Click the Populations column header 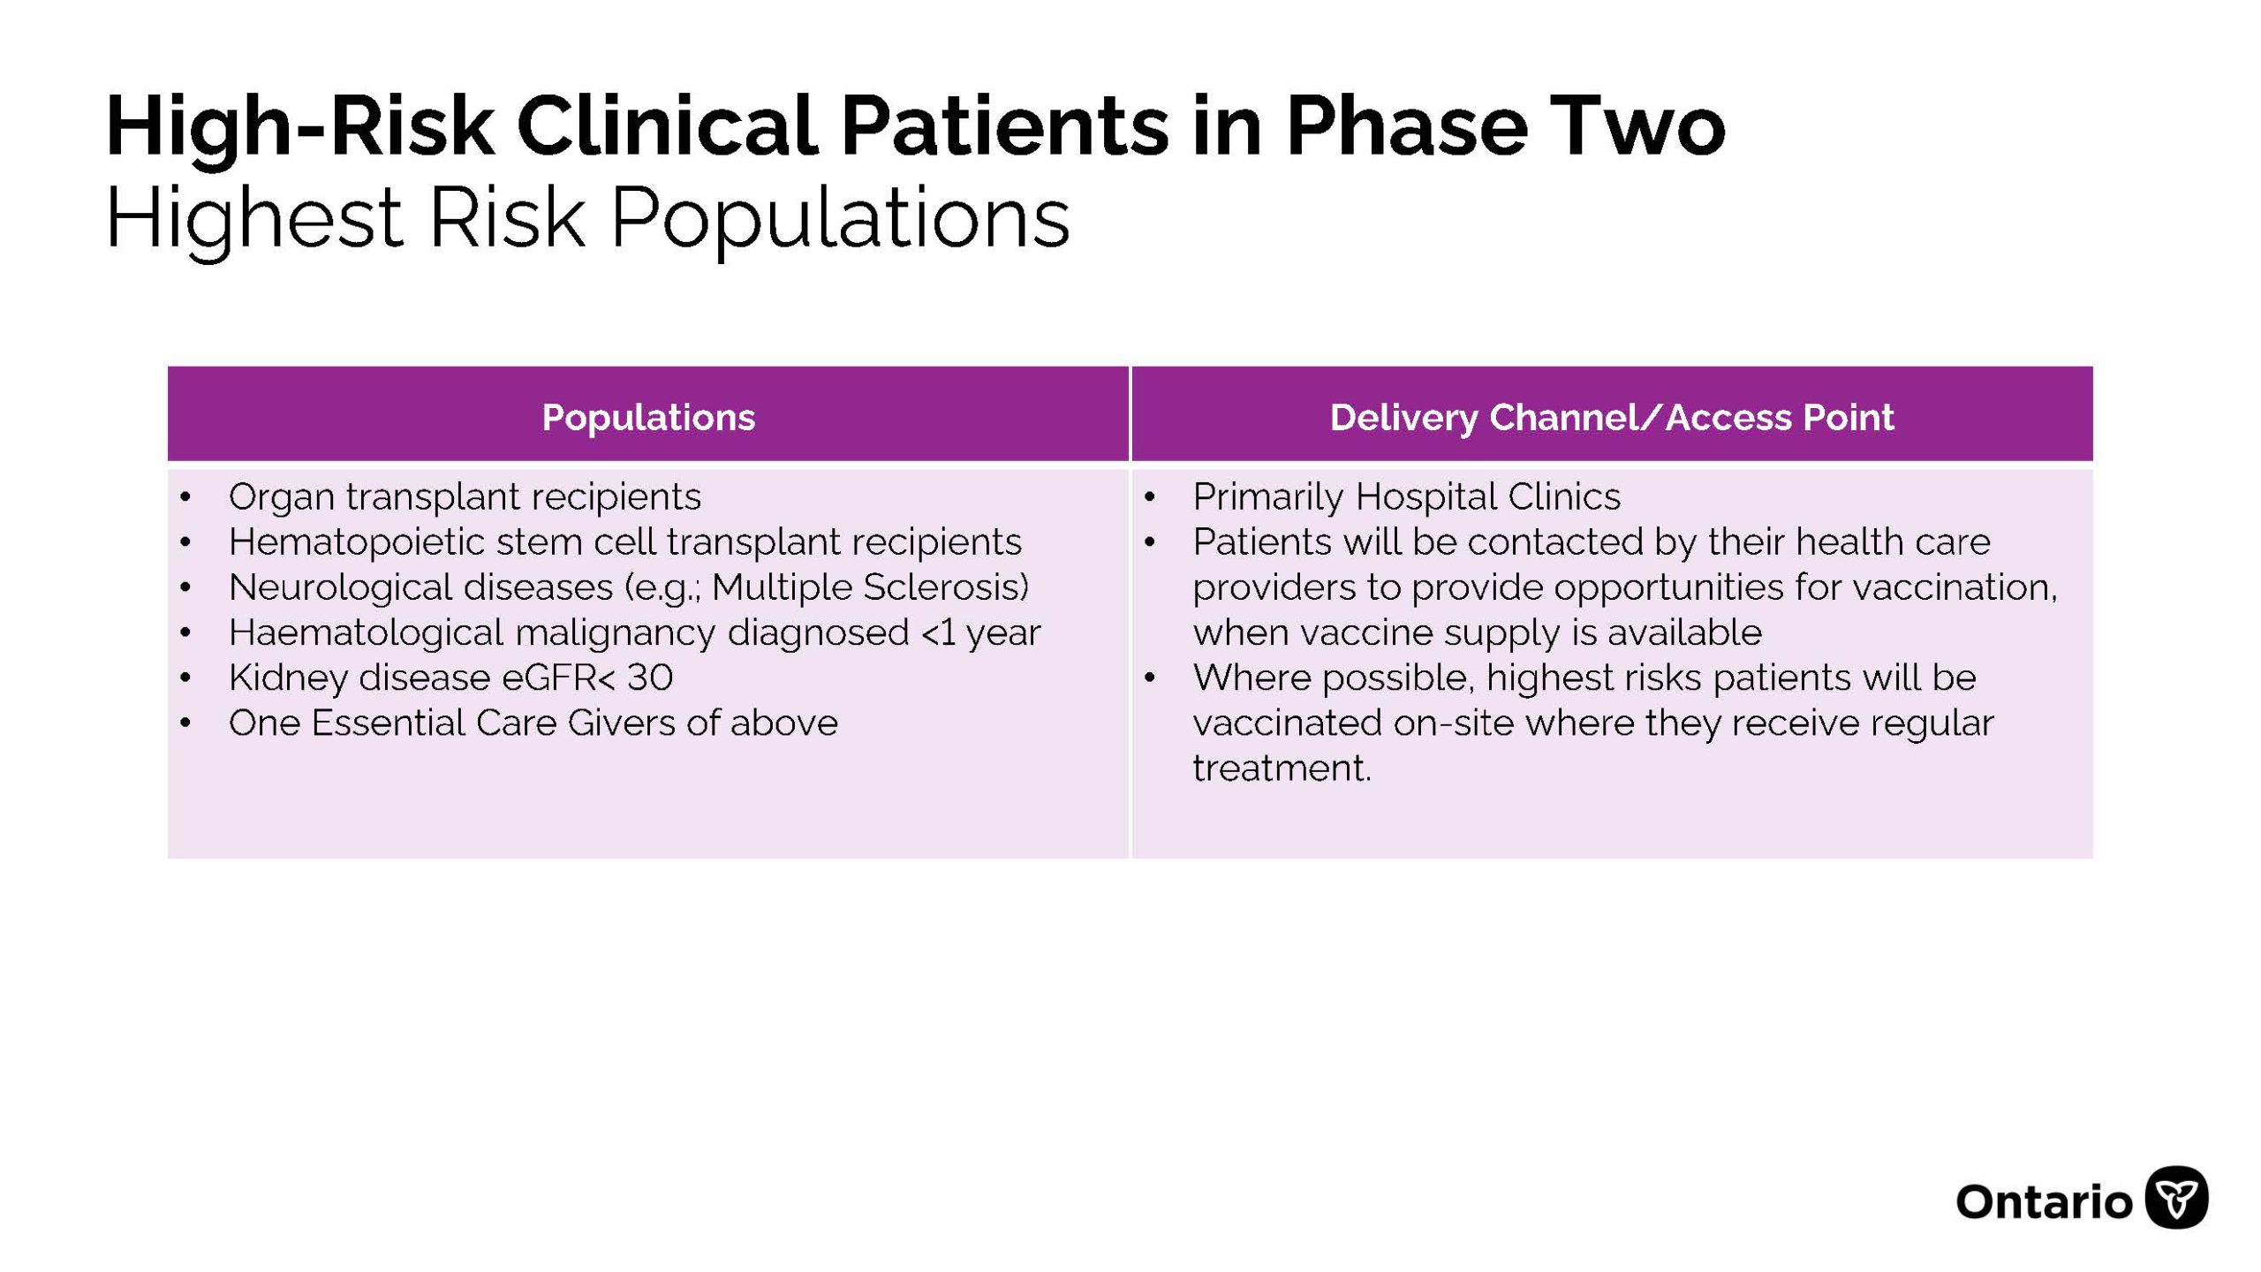(648, 417)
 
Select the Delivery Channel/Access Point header (1612, 417)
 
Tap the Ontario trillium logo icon (2177, 1198)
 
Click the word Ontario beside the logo (2045, 1202)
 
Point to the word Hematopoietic (357, 542)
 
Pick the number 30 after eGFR (650, 678)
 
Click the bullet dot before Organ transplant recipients (185, 497)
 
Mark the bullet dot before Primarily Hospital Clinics (1149, 497)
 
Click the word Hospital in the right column (1425, 496)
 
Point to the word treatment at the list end (1282, 768)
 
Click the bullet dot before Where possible (1149, 678)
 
